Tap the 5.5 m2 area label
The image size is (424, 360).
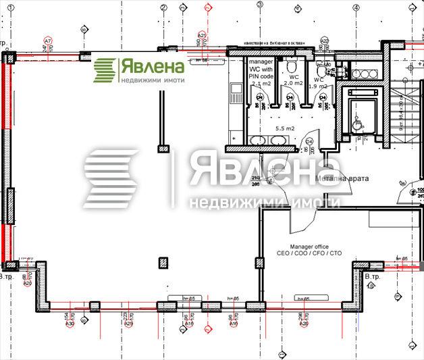283,128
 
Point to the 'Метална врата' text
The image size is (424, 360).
342,179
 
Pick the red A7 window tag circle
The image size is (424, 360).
47,41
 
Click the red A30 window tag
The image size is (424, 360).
69,324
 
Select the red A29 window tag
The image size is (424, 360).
128,324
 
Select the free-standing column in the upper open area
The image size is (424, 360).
163,149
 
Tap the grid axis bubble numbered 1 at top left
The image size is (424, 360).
82,30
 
